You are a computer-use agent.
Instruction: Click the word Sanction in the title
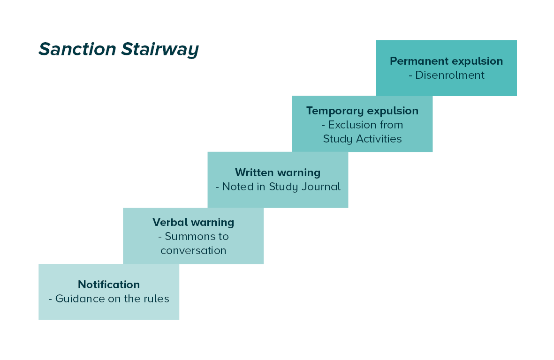[x=77, y=49]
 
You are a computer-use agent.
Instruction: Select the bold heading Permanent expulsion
[x=446, y=61]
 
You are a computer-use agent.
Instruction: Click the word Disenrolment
[x=450, y=75]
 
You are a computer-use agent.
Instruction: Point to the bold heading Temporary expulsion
[x=362, y=111]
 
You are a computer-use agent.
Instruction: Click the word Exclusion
[x=351, y=125]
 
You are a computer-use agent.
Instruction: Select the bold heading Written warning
[x=278, y=173]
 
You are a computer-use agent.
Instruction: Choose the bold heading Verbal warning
[x=193, y=223]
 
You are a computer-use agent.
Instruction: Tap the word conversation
[x=193, y=251]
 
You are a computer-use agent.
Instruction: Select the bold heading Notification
[x=109, y=285]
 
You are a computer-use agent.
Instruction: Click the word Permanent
[x=418, y=61]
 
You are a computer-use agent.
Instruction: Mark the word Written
[x=254, y=172]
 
